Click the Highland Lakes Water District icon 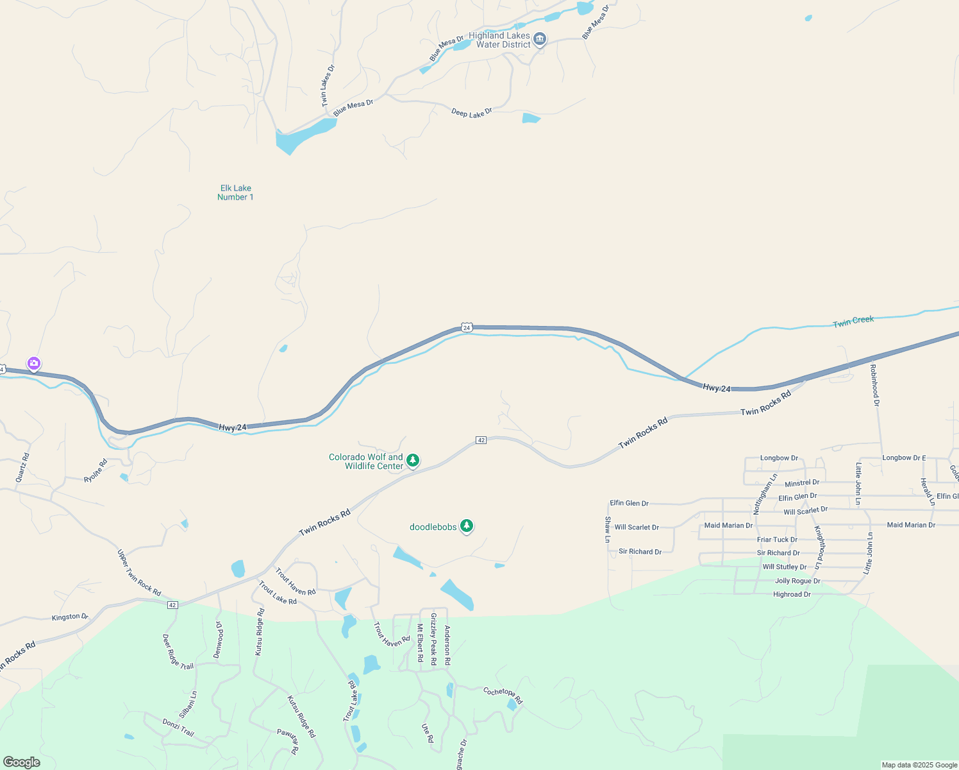[540, 40]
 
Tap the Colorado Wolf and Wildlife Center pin [413, 460]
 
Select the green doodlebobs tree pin [467, 526]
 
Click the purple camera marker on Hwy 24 [34, 364]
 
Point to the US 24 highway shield [467, 327]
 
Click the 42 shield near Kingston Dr [172, 605]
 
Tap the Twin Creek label [853, 321]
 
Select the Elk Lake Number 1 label [235, 193]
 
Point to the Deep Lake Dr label [472, 113]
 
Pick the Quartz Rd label [22, 468]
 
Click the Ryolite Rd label [96, 471]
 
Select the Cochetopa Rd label [503, 696]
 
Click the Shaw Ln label [607, 529]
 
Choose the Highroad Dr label [792, 594]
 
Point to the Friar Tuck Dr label [777, 540]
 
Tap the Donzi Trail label [178, 728]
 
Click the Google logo [21, 762]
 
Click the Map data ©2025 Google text [919, 765]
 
